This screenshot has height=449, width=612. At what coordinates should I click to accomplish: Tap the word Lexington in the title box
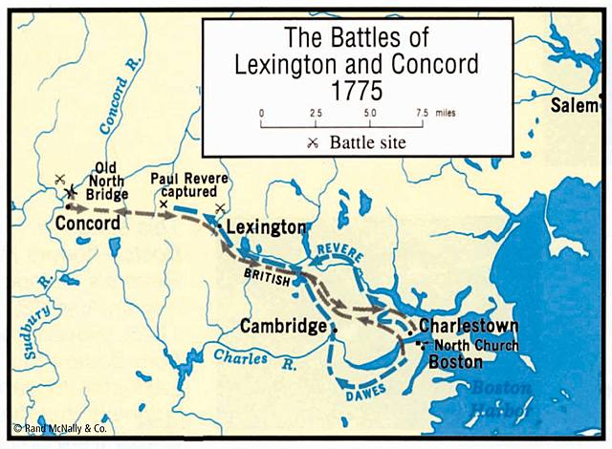pos(286,64)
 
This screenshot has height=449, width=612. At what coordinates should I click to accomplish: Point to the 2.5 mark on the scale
pos(316,113)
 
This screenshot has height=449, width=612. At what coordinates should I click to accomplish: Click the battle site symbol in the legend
pos(313,143)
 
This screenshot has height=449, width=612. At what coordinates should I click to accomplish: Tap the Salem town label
pos(573,106)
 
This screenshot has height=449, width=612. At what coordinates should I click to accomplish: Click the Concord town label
pos(88,223)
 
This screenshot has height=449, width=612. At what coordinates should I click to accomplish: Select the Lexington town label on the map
pos(267,228)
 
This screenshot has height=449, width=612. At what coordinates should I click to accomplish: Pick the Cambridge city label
pos(283,326)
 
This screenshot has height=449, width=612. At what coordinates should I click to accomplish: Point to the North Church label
pos(476,345)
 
